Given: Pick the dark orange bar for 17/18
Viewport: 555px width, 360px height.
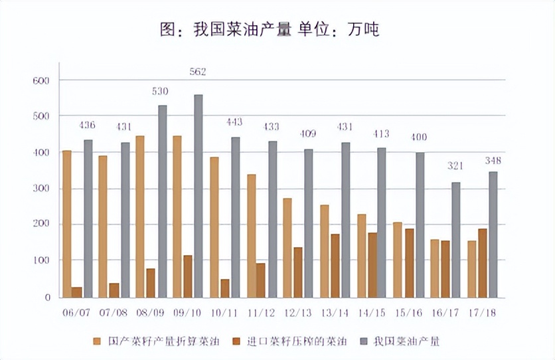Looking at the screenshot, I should tap(483, 263).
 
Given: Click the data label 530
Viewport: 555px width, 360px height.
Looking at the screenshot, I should tap(160, 91).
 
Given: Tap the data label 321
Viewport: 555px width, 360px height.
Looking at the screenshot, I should tap(455, 165).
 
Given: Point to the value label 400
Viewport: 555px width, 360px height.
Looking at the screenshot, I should tap(418, 137).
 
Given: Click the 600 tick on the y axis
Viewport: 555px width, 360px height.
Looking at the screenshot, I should tap(41, 80).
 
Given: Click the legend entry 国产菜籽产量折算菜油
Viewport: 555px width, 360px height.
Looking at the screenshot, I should tap(153, 341).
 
